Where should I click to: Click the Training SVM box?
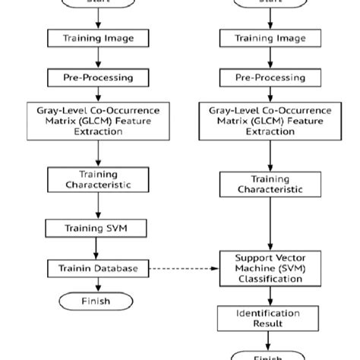click(95, 227)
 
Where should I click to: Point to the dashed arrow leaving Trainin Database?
click(182, 268)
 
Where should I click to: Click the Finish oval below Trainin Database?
click(95, 302)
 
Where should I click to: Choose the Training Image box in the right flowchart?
click(269, 37)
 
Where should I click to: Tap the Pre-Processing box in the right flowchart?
click(269, 77)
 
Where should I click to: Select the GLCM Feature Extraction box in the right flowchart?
click(269, 121)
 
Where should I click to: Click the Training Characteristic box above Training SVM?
click(95, 179)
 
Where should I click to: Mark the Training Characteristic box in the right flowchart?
click(269, 184)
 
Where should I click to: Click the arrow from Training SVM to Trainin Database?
click(95, 248)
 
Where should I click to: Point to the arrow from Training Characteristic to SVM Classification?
click(269, 223)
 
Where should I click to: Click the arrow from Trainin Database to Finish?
click(95, 284)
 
